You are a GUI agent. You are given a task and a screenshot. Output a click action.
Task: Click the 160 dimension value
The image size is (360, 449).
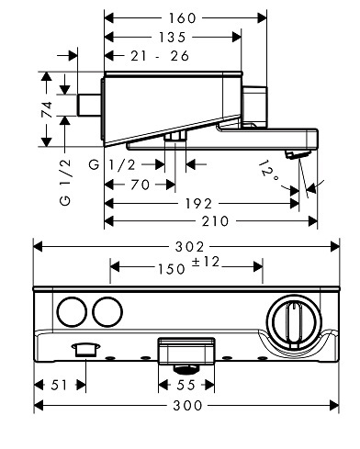182,18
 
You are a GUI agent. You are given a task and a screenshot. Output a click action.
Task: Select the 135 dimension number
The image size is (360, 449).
172,38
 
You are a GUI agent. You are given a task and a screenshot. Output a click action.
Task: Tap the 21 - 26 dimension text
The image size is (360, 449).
160,56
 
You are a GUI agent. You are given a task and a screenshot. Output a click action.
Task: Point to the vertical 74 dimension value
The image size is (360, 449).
47,109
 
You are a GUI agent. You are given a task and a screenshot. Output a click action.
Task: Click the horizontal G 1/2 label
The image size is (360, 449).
112,165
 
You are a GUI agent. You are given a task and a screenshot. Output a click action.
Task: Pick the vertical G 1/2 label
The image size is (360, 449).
65,182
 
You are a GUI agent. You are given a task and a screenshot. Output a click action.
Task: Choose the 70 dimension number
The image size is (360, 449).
141,185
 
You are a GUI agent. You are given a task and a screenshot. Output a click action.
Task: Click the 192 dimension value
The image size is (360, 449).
198,204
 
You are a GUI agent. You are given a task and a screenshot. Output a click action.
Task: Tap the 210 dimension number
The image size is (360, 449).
215,221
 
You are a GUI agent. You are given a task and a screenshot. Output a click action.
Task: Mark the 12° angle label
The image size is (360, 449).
268,172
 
